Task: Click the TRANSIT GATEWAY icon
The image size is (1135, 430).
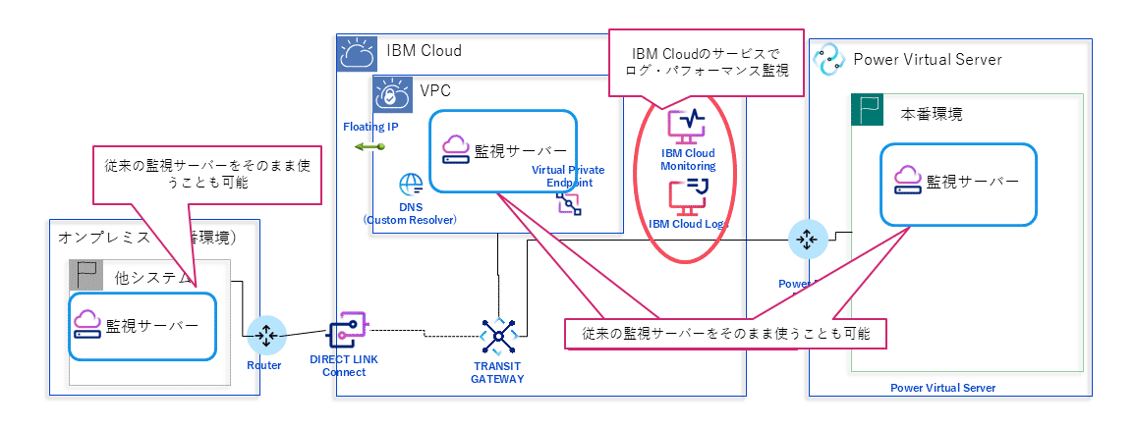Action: pyautogui.click(x=498, y=337)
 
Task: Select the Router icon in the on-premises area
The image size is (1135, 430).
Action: pyautogui.click(x=266, y=336)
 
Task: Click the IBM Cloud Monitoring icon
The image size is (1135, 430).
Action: pyautogui.click(x=687, y=127)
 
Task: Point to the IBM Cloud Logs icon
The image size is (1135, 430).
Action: pyautogui.click(x=688, y=195)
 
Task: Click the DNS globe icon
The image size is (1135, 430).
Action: pyautogui.click(x=411, y=186)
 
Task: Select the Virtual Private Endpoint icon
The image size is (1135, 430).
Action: pyautogui.click(x=568, y=202)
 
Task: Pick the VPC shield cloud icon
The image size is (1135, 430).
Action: pyautogui.click(x=391, y=93)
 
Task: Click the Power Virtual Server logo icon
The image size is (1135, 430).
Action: pyautogui.click(x=829, y=59)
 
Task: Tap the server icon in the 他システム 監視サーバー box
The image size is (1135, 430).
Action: pyautogui.click(x=86, y=326)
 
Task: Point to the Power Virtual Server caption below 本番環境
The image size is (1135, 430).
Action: pyautogui.click(x=942, y=388)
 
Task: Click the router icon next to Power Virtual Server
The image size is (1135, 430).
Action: pyautogui.click(x=805, y=238)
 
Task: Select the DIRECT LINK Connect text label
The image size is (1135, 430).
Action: pyautogui.click(x=344, y=365)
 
